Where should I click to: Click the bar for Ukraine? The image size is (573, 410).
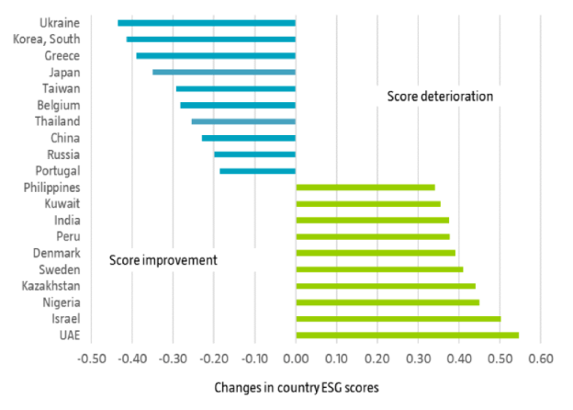point(207,22)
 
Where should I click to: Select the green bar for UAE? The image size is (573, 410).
point(407,335)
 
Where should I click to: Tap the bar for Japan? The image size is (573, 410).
point(224,72)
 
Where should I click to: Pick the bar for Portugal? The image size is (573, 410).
point(257,170)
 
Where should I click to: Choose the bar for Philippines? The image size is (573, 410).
point(365,187)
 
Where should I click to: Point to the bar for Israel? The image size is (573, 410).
point(398,318)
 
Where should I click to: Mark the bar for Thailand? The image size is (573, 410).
point(243,121)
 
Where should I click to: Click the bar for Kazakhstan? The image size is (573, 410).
point(386,286)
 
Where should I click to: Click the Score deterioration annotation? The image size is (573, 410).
point(440,97)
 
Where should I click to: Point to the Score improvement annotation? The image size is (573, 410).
point(163,260)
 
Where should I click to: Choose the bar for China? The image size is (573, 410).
point(249,138)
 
